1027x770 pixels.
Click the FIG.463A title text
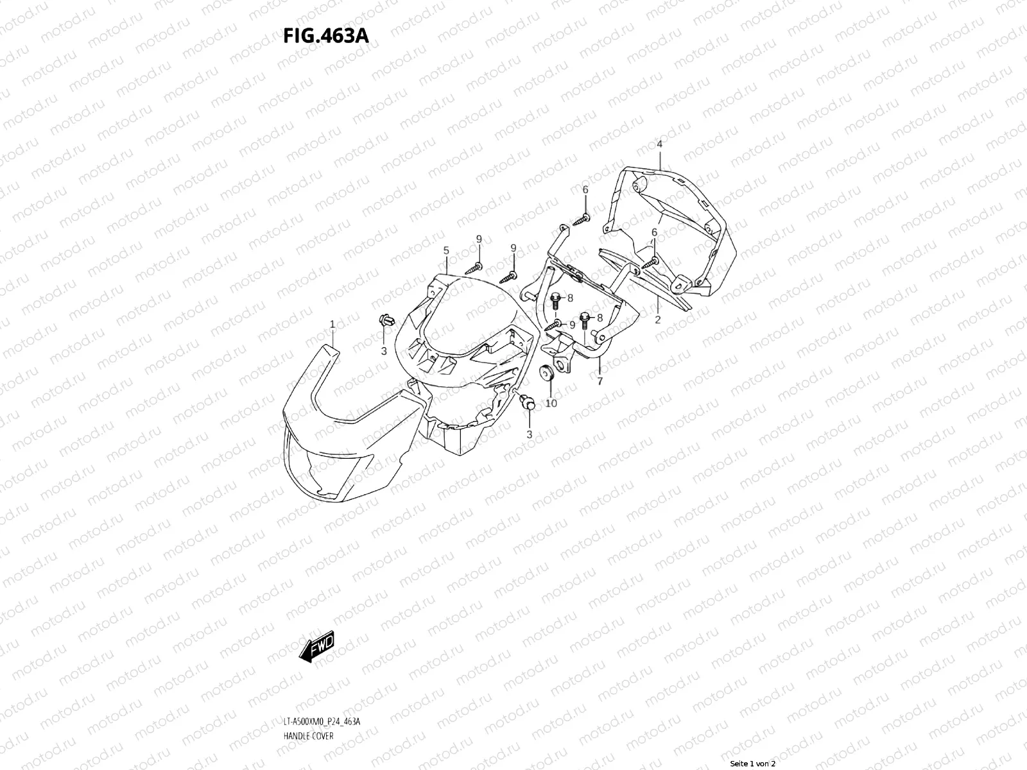[x=325, y=35]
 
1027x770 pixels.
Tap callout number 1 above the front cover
[x=332, y=325]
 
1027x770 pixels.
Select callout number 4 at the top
[x=659, y=144]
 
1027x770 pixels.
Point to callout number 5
[x=445, y=251]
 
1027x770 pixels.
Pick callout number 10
[x=551, y=403]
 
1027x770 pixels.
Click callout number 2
[x=657, y=319]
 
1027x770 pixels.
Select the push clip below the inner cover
[x=529, y=402]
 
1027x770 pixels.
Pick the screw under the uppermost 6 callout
[x=582, y=219]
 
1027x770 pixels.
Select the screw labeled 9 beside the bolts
[x=553, y=327]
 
